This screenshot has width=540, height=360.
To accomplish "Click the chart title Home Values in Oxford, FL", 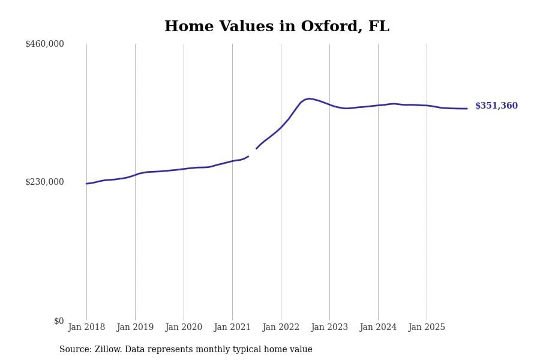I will coord(277,27).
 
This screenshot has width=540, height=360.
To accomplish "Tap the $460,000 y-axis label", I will coord(44,44).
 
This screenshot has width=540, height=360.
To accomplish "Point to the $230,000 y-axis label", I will coord(44,182).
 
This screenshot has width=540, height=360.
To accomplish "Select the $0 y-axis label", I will coord(59,321).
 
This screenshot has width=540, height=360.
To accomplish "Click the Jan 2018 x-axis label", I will coord(86,328).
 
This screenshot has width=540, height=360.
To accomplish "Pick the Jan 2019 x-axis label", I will coord(135,328).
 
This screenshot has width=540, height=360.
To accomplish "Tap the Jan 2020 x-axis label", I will coord(184,328).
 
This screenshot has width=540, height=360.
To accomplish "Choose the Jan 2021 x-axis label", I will coord(232,328).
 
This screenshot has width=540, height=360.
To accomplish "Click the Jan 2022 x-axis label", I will coord(281,328).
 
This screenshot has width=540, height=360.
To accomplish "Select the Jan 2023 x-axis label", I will coord(329,328).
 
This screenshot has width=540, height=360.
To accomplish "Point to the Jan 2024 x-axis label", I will coord(378,328).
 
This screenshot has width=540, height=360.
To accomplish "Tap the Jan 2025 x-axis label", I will coord(427,328).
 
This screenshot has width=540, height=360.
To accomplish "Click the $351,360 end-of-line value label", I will coord(496,106).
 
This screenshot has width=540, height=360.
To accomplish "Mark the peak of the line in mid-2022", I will coord(309,98).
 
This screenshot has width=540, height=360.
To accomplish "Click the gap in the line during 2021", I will coord(253,152).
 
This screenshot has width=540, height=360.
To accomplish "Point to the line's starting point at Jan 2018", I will coord(86,184).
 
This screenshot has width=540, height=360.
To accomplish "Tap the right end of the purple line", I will coord(467,109).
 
